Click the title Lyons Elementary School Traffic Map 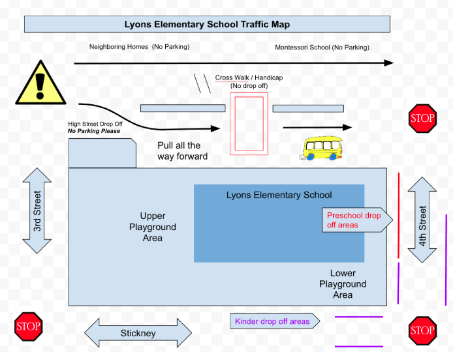click(x=207, y=25)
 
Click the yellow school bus click(x=322, y=149)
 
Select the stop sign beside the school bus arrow click(x=422, y=119)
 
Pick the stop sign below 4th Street click(x=422, y=330)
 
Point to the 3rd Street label click(x=37, y=211)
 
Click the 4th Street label click(x=423, y=226)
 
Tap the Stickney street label click(x=138, y=333)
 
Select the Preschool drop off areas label click(x=354, y=220)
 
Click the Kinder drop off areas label click(x=272, y=321)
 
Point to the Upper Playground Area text click(x=153, y=227)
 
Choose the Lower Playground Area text click(x=343, y=284)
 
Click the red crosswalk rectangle click(x=249, y=123)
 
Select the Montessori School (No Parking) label click(x=322, y=48)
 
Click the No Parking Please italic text click(x=94, y=131)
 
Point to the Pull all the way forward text click(x=182, y=151)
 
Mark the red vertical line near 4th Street click(x=399, y=214)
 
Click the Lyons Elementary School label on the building click(x=279, y=195)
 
